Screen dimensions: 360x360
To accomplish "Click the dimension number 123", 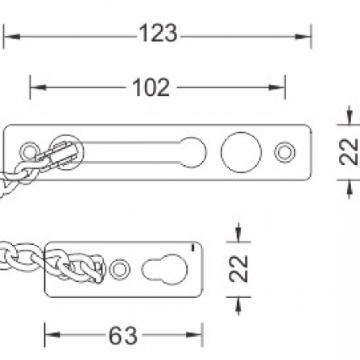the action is pyautogui.click(x=158, y=33).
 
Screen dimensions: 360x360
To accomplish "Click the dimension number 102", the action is pyautogui.click(x=151, y=88).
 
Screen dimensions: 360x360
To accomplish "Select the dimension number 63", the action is pyautogui.click(x=123, y=336).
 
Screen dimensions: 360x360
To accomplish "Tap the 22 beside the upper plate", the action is pyautogui.click(x=349, y=152).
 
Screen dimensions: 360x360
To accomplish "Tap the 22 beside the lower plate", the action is pyautogui.click(x=239, y=269).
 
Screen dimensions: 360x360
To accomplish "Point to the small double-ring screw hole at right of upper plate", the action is pyautogui.click(x=285, y=152).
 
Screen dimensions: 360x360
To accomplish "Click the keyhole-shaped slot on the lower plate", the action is pyautogui.click(x=165, y=269).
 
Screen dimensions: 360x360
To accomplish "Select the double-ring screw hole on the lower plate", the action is pyautogui.click(x=120, y=269).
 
